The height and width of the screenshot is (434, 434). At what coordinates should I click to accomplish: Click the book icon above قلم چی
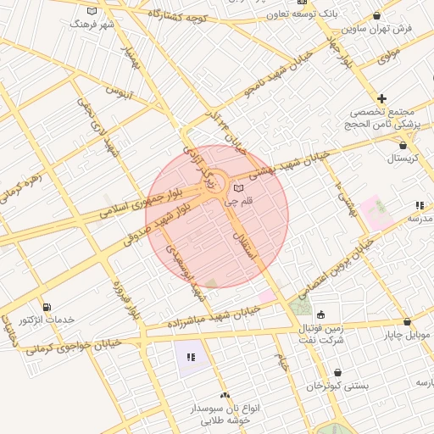click(x=238, y=187)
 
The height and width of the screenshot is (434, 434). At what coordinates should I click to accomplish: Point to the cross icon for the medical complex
click(x=382, y=98)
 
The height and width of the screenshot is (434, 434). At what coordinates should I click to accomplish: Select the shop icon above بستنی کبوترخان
click(x=337, y=372)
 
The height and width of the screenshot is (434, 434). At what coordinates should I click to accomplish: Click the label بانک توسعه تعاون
click(x=314, y=14)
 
